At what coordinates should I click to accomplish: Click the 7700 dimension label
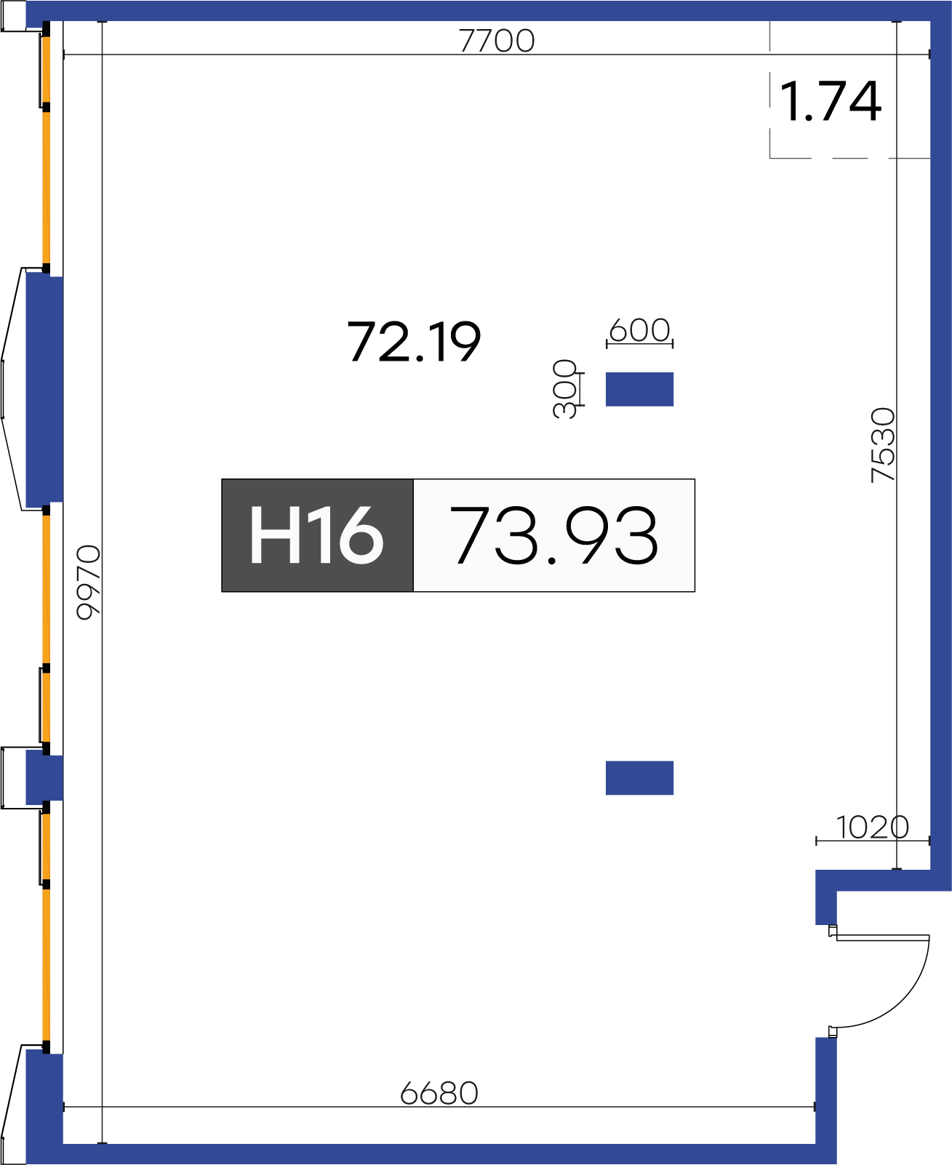pos(497,41)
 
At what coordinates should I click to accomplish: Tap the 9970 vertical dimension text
pos(89,582)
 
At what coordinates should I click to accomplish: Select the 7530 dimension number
pos(883,445)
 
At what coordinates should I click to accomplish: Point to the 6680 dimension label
pos(439,1093)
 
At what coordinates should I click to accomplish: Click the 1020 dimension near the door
pos(872,827)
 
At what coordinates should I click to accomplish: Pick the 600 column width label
pos(639,330)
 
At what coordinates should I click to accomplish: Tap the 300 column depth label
pos(565,388)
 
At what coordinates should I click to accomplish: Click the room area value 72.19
pos(414,342)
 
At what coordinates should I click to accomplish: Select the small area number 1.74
pos(831,102)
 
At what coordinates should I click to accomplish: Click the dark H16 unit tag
pos(317,535)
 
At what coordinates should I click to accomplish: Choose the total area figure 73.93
pos(554,535)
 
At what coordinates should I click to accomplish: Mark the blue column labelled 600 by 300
pos(639,389)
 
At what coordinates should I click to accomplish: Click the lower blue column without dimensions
pos(639,777)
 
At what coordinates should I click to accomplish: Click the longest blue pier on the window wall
pos(44,388)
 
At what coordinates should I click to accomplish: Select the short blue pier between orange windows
pos(44,778)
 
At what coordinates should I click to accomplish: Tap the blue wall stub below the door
pos(825,1091)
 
